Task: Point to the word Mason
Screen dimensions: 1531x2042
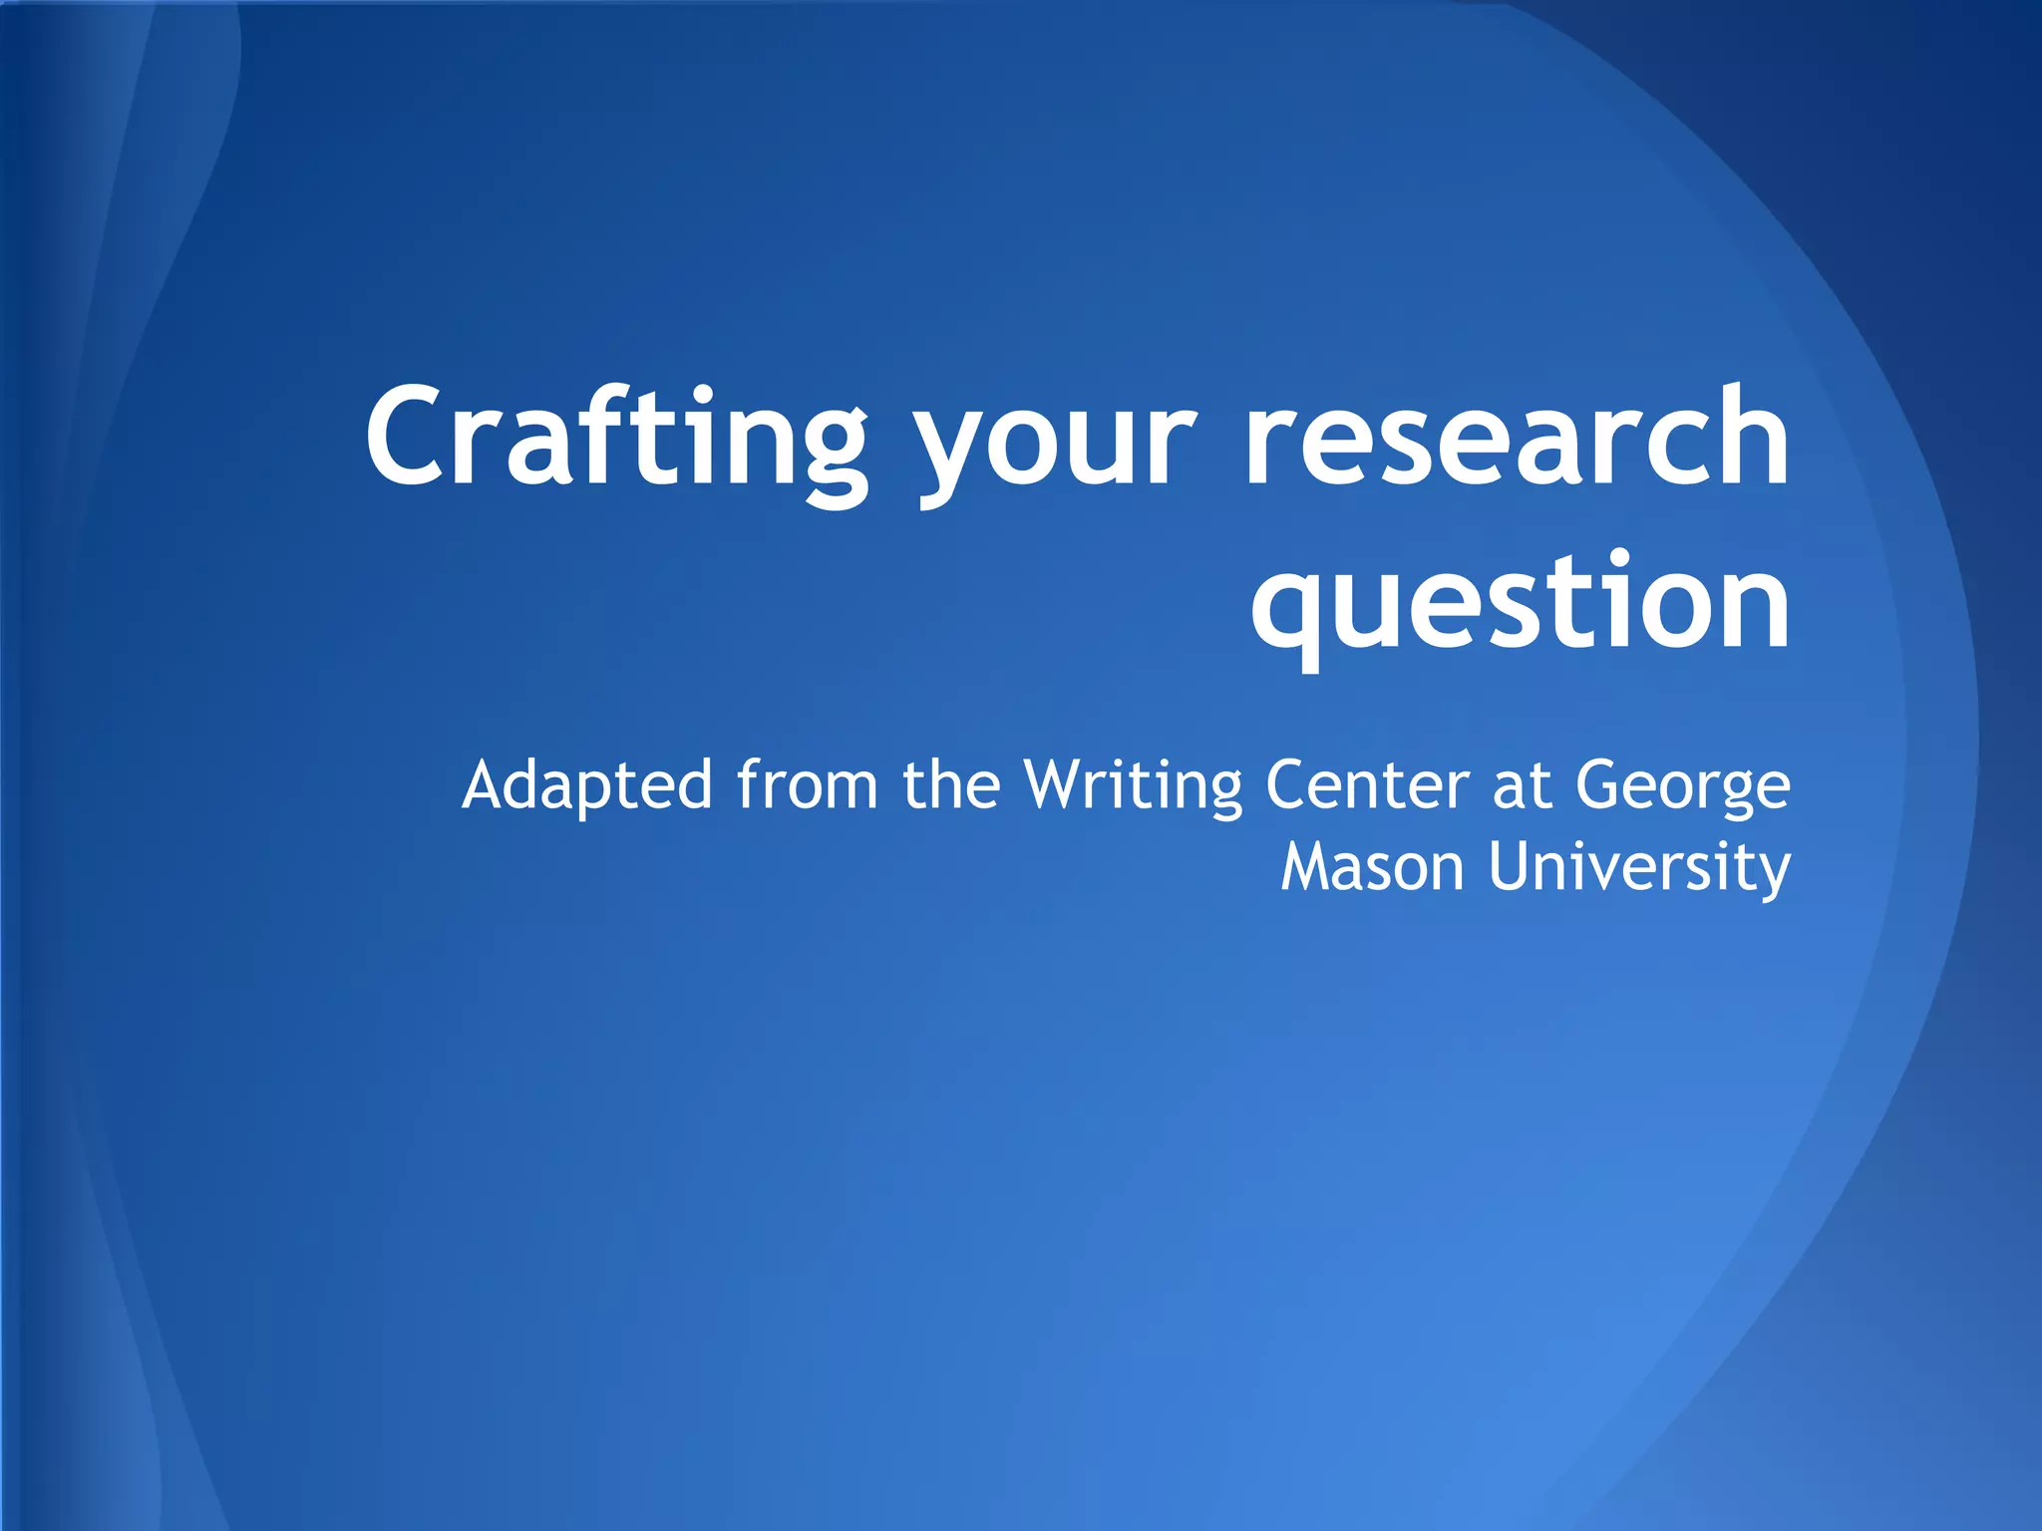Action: coord(1372,867)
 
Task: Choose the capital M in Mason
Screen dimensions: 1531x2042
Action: coord(1306,867)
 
